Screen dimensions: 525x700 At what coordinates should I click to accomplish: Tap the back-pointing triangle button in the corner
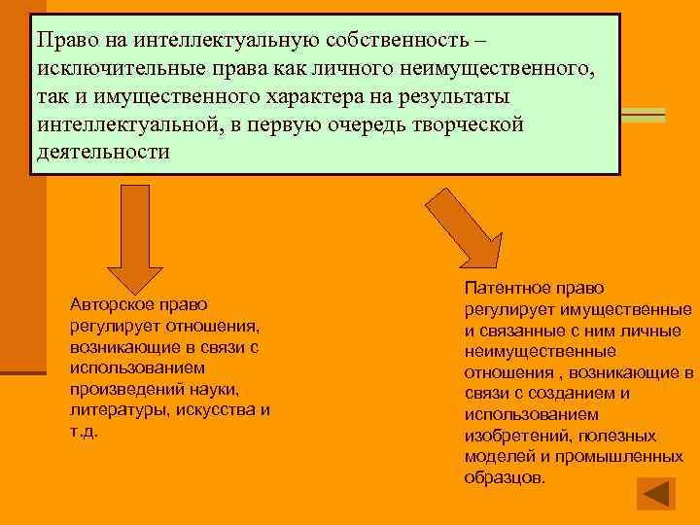655,493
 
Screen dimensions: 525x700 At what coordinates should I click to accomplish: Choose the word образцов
505,478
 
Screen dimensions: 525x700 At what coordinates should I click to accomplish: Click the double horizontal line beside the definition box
643,115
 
